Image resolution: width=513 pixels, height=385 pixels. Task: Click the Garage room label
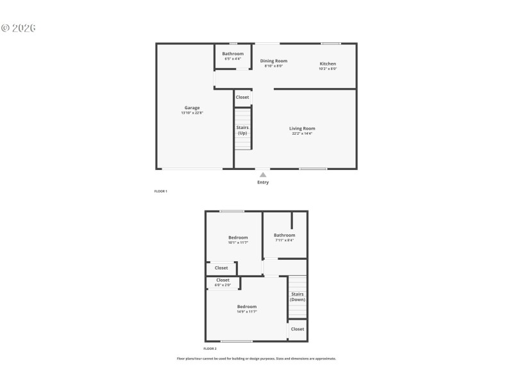(x=192, y=108)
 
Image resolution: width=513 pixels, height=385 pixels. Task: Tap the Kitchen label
(x=328, y=64)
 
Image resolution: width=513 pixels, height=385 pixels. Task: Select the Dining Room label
(x=274, y=61)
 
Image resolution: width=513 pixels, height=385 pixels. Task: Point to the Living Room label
(x=302, y=128)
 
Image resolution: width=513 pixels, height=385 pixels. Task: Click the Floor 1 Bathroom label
(x=233, y=53)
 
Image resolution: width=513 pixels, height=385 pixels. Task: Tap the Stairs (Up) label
(x=242, y=130)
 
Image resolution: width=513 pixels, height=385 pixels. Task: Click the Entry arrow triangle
(x=263, y=174)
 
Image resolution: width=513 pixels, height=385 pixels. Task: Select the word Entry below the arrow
(x=263, y=182)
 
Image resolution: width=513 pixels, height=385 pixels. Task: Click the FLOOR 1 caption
(x=161, y=191)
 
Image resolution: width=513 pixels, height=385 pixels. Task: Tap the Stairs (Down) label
(x=298, y=296)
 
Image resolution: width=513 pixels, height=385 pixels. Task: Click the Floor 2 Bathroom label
(x=285, y=235)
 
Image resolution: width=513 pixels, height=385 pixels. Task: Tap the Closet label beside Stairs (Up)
(x=242, y=97)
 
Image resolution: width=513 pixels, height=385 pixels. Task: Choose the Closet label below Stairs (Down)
(x=298, y=329)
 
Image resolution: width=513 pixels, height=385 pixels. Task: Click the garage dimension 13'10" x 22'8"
(x=192, y=113)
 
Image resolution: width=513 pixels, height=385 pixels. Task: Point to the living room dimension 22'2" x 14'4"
(x=302, y=133)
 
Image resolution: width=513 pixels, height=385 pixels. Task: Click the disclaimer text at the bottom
(x=256, y=359)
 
